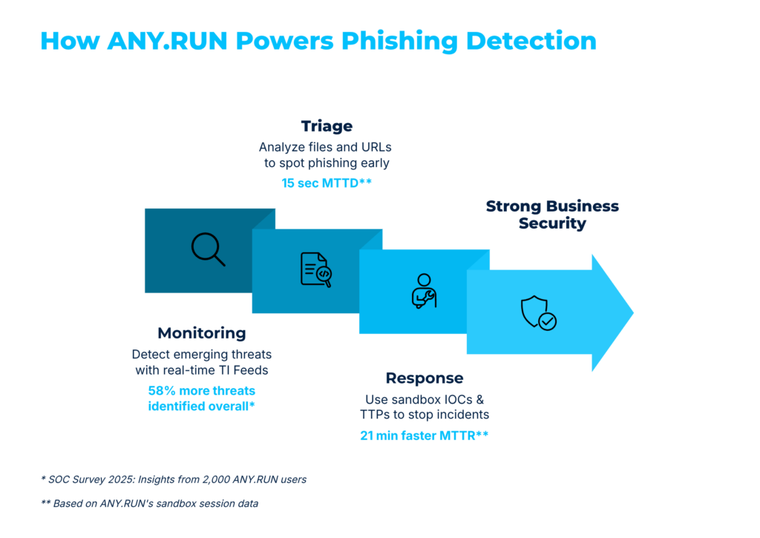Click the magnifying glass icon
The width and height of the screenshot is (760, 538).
208,249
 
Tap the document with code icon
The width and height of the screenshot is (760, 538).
315,269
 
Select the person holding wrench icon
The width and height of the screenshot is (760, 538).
424,291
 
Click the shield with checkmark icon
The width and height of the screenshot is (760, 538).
538,312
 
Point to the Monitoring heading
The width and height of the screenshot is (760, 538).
201,333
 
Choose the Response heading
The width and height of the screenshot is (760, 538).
424,378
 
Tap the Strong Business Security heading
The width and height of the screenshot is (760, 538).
551,214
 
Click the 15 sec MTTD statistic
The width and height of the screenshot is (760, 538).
326,183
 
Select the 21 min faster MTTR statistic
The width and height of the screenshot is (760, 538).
424,436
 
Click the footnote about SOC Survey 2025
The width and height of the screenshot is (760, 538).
174,479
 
